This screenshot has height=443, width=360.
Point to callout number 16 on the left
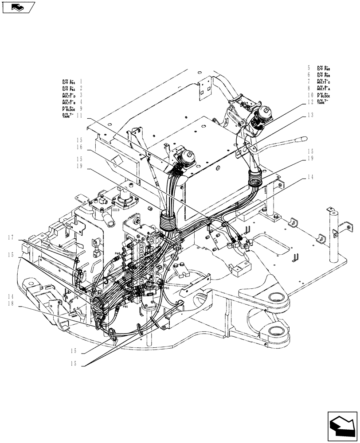79,147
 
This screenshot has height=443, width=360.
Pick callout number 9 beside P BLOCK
80,108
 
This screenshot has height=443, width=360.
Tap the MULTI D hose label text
69,95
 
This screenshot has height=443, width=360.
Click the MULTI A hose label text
323,88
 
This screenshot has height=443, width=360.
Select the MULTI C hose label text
323,82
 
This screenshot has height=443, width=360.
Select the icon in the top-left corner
18,7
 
